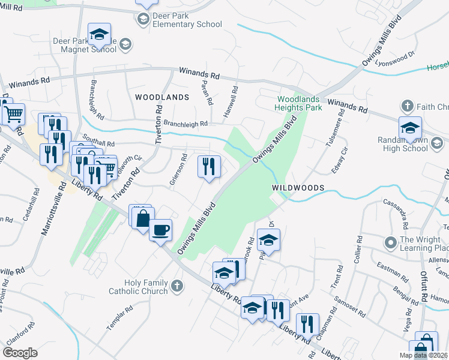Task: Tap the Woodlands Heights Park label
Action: click(x=300, y=103)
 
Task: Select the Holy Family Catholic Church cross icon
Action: click(x=176, y=286)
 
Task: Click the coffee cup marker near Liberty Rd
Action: click(x=160, y=230)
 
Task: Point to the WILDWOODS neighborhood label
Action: click(x=298, y=188)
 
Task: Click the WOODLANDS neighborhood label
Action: click(x=162, y=97)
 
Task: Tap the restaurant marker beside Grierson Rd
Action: click(x=209, y=167)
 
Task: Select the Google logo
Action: click(x=20, y=352)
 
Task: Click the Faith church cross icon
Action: click(x=407, y=107)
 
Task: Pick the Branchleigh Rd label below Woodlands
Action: click(x=185, y=124)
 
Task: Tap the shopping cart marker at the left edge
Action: click(x=13, y=113)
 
